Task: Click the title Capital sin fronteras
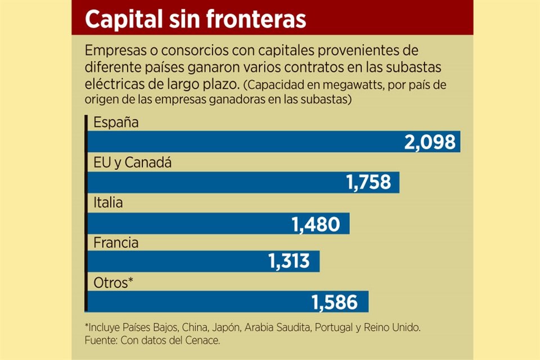coord(196,19)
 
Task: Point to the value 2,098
coord(430,142)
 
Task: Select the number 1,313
coord(289,262)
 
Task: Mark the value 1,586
coord(335,302)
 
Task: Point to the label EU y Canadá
coord(132,164)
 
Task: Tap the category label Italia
coord(108,204)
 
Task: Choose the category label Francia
coord(116,244)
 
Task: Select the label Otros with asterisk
coord(113,283)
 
